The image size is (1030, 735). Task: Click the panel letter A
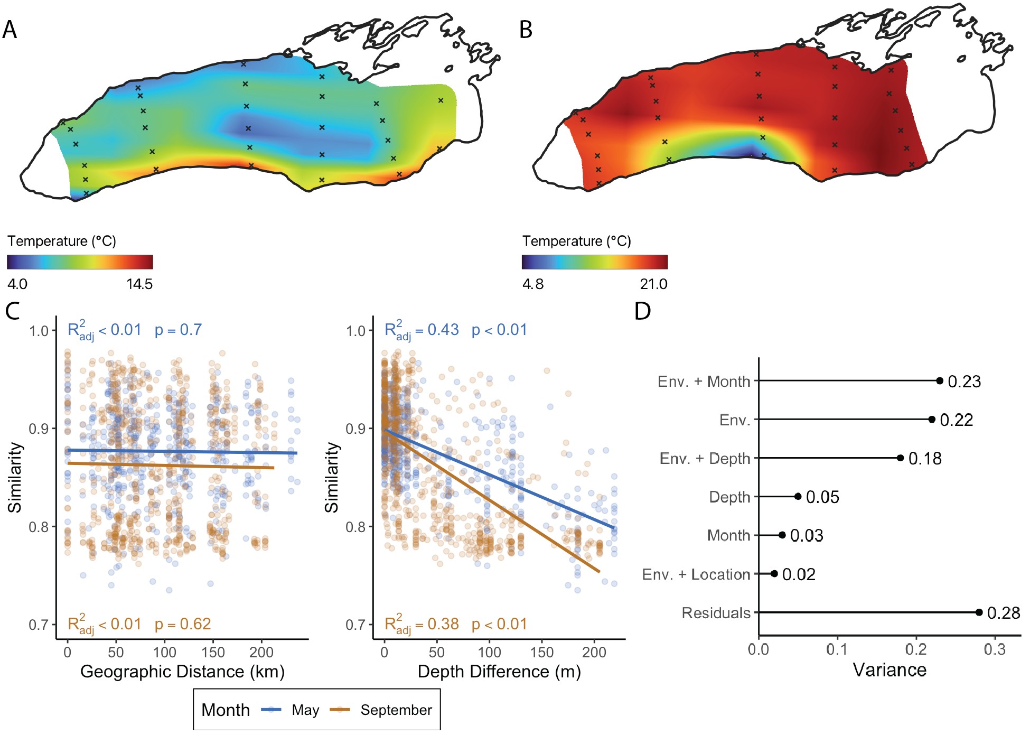pos(10,30)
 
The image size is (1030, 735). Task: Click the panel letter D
pos(642,311)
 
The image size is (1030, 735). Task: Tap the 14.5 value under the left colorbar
pos(139,284)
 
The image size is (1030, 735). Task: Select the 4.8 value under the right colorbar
pos(532,284)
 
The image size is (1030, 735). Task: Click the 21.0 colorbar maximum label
pos(653,284)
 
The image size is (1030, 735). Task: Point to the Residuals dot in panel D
pos(979,612)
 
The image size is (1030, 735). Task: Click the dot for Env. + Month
pos(940,381)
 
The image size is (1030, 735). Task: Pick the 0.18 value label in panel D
pos(925,459)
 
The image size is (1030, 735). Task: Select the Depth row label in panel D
pos(729,497)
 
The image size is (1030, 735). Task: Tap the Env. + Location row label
pos(696,574)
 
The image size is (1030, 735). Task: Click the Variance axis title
pos(889,670)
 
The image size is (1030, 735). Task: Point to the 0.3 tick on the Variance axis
pos(995,649)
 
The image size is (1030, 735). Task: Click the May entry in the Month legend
pos(305,710)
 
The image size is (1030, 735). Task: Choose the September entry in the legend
pos(396,710)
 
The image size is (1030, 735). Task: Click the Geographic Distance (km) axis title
pos(182,672)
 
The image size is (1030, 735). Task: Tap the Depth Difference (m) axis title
pos(499,672)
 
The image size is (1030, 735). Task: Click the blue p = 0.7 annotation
pos(178,330)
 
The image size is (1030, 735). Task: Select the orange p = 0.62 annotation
pos(183,624)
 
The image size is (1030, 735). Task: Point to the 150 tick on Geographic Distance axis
pos(213,653)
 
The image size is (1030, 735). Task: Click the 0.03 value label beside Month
pos(807,536)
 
